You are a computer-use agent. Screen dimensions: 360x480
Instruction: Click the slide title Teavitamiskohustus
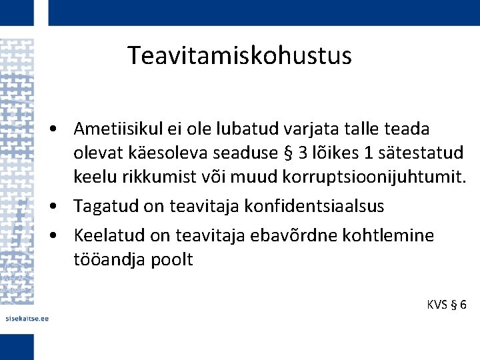pos(239,56)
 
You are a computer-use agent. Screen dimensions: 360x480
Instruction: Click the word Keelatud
pos(109,235)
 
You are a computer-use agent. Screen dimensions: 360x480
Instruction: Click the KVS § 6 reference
pos(446,305)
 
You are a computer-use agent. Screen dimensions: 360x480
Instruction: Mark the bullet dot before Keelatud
pos(60,235)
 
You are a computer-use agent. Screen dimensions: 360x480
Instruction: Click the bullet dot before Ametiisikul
pos(60,128)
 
